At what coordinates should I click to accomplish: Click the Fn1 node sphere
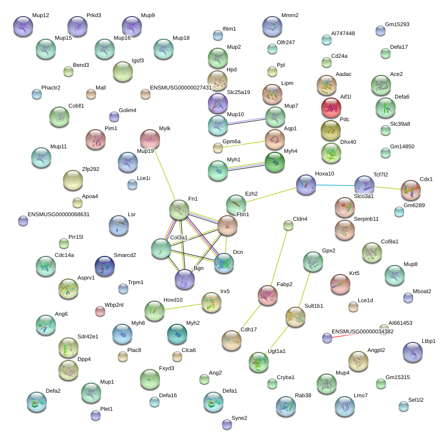(x=179, y=210)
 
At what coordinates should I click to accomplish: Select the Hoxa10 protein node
(x=306, y=185)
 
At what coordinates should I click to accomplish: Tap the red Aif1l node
(x=331, y=107)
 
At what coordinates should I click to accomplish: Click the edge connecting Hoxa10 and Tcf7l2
(x=335, y=186)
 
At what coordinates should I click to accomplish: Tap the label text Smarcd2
(x=125, y=255)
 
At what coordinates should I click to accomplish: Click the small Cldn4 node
(x=288, y=225)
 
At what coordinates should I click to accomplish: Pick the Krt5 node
(x=340, y=284)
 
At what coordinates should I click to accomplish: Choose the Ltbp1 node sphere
(x=413, y=352)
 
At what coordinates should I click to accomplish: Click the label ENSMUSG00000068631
(x=58, y=214)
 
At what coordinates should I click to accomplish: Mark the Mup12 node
(x=23, y=26)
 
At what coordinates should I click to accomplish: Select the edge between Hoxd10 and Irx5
(x=183, y=306)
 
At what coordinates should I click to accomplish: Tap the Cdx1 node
(x=411, y=190)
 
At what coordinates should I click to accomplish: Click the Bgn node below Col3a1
(x=184, y=280)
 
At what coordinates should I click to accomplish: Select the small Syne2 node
(x=227, y=424)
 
